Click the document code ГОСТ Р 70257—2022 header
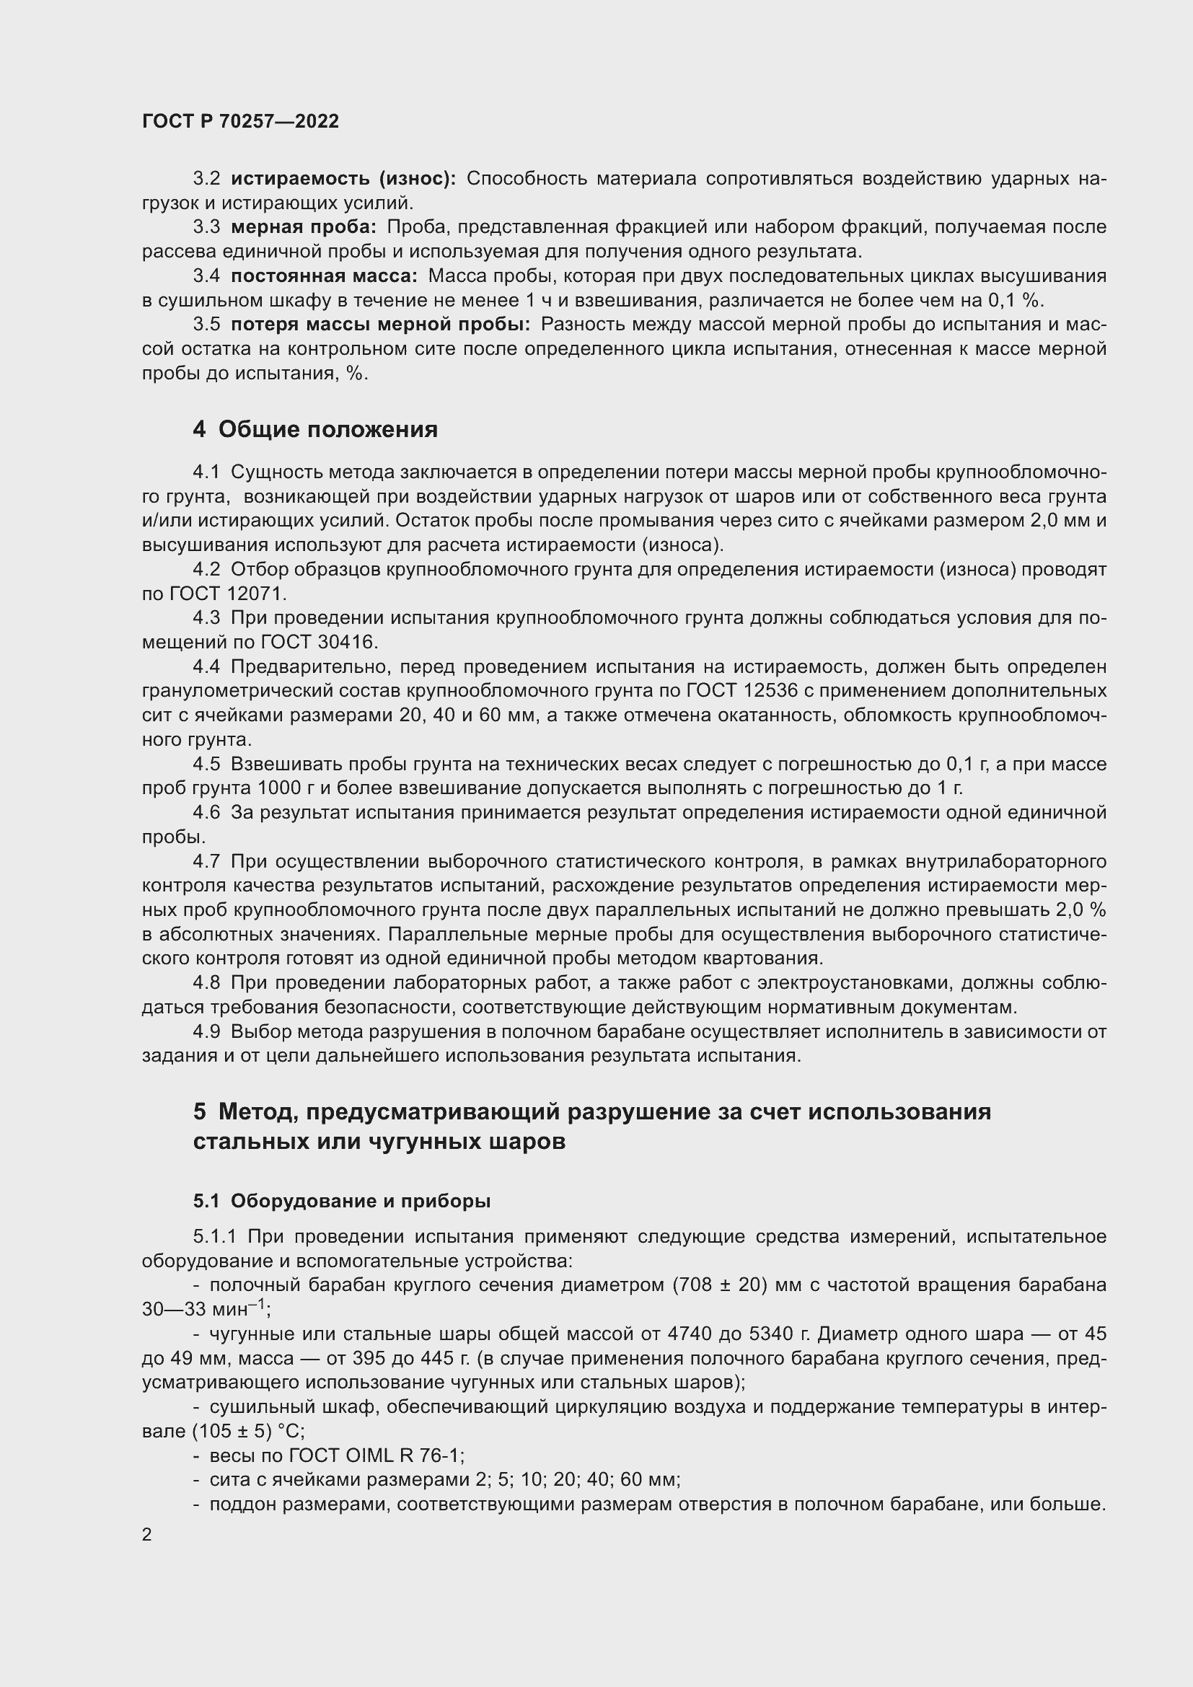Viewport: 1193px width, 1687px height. (x=240, y=122)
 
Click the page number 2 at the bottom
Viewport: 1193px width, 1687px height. (x=147, y=1535)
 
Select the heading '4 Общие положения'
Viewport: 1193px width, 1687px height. (x=315, y=429)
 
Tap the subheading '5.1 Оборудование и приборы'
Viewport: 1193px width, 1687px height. (x=342, y=1201)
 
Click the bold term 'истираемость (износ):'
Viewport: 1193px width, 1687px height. (x=343, y=179)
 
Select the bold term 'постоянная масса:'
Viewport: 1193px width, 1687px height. (x=324, y=276)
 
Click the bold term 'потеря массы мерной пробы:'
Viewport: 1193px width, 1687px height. (x=380, y=325)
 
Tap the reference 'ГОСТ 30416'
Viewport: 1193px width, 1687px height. (x=318, y=642)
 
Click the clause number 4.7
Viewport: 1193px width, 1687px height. (x=206, y=861)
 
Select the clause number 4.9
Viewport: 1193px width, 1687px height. (x=206, y=1031)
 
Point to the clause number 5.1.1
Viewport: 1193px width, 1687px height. (x=215, y=1237)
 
